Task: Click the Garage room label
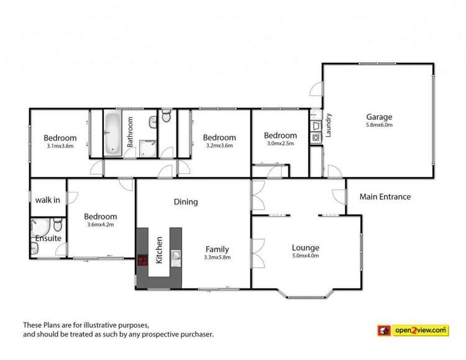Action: (x=379, y=116)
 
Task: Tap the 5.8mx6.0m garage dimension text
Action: (x=379, y=125)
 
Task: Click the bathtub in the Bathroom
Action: (x=112, y=132)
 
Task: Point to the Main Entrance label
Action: (x=385, y=197)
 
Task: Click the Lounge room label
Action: (x=306, y=247)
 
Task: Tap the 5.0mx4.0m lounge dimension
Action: (x=306, y=256)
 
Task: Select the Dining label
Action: (x=186, y=201)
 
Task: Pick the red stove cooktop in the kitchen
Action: (x=142, y=261)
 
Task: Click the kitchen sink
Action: (x=176, y=255)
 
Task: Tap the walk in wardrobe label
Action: (x=47, y=200)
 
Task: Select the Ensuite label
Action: (x=48, y=238)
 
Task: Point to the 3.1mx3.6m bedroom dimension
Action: (x=60, y=147)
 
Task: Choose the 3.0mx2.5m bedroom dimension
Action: (x=280, y=144)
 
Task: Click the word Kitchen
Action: (x=159, y=249)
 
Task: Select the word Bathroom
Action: (x=130, y=132)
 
